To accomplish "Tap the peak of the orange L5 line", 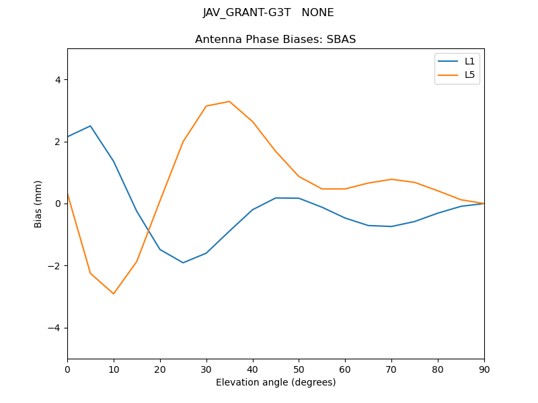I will (229, 101).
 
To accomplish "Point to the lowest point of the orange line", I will (114, 294).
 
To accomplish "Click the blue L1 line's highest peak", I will (90, 126).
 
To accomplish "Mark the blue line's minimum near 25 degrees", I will (183, 263).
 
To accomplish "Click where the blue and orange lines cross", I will (149, 232).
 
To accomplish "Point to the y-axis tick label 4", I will (58, 80).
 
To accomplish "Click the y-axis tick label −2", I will (55, 266).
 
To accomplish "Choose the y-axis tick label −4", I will (55, 328).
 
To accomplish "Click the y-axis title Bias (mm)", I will (39, 204).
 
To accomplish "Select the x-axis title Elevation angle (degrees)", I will (276, 382).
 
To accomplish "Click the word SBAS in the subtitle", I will (342, 40).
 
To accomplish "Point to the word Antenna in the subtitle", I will (217, 40).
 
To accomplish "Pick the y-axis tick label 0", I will (58, 204).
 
